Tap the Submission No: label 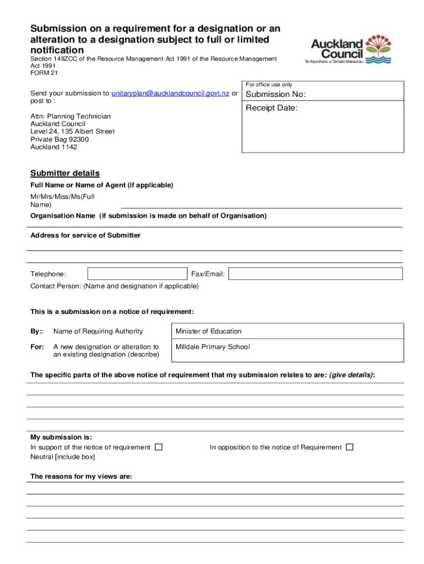[x=275, y=94]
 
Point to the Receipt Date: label [x=271, y=108]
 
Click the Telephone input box [x=137, y=274]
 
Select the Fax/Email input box [x=316, y=274]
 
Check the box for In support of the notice [x=159, y=447]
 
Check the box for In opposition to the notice [x=350, y=447]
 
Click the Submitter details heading [x=65, y=173]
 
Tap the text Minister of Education [x=208, y=331]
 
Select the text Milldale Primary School [x=213, y=346]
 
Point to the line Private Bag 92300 [x=59, y=139]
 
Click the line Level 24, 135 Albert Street [x=72, y=132]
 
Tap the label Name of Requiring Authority [x=98, y=331]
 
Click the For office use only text [x=269, y=85]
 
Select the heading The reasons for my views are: [x=81, y=476]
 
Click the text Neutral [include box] [x=62, y=457]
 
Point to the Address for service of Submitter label [x=85, y=235]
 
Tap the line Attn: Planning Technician [x=70, y=116]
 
